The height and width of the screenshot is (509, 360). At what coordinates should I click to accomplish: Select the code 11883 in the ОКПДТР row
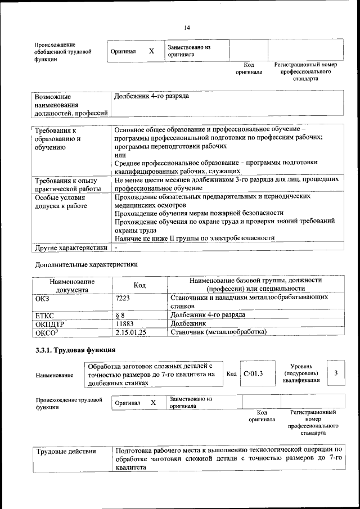125,324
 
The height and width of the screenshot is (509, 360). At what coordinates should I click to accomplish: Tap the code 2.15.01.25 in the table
130,332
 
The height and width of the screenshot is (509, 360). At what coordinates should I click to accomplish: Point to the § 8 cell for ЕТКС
119,316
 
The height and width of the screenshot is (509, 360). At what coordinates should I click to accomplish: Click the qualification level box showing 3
336,373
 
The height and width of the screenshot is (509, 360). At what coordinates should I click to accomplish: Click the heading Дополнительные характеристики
86,264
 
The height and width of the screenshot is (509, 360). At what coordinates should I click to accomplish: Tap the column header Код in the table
139,285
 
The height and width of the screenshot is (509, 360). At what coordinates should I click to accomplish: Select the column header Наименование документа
71,285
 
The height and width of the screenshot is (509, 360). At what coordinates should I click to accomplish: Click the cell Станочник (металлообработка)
218,332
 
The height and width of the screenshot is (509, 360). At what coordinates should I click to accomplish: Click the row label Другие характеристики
71,247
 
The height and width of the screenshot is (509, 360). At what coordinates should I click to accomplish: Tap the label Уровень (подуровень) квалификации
301,373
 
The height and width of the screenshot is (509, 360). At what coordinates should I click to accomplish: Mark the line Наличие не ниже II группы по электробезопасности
194,238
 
